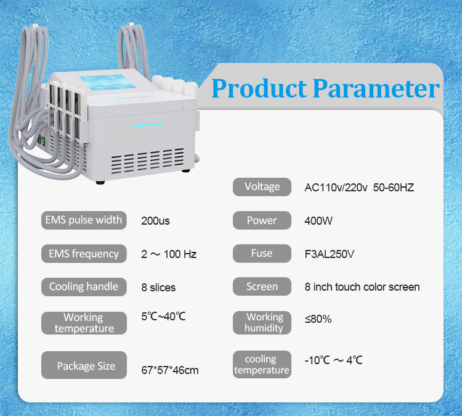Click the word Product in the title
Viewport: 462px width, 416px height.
pyautogui.click(x=259, y=88)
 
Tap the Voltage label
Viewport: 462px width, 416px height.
pyautogui.click(x=262, y=187)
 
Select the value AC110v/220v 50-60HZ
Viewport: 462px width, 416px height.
pyautogui.click(x=359, y=187)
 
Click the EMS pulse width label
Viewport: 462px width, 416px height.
pyautogui.click(x=84, y=220)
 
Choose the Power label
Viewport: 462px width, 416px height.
pyautogui.click(x=262, y=220)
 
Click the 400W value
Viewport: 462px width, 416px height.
pyautogui.click(x=318, y=220)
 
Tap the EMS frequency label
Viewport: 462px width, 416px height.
pyautogui.click(x=84, y=254)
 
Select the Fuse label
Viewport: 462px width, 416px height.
pyautogui.click(x=262, y=254)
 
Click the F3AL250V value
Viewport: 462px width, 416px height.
pyautogui.click(x=329, y=254)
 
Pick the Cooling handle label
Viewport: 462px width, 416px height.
pyautogui.click(x=84, y=287)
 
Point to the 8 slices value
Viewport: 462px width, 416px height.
pyautogui.click(x=158, y=287)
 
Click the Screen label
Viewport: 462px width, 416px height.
pyautogui.click(x=262, y=287)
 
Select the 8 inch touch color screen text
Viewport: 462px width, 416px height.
pyautogui.click(x=362, y=287)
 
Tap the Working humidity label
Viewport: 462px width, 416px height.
pyautogui.click(x=264, y=322)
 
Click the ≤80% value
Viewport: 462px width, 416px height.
pyautogui.click(x=318, y=319)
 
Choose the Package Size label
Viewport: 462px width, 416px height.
pyautogui.click(x=86, y=366)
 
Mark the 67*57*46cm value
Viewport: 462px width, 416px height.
pyautogui.click(x=170, y=370)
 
